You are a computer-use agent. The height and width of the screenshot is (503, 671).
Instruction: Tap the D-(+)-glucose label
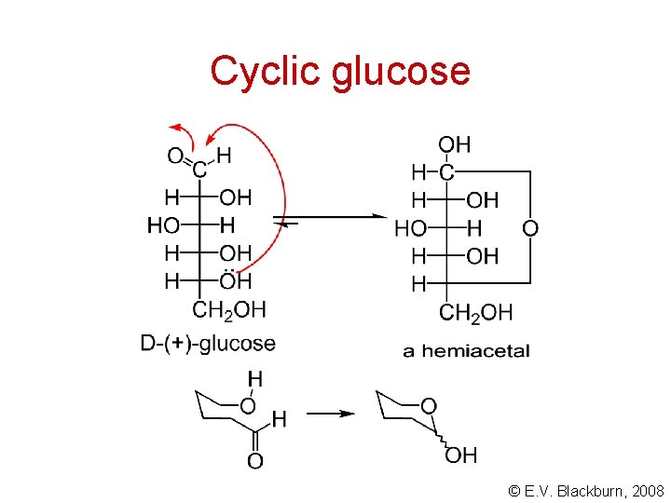point(208,343)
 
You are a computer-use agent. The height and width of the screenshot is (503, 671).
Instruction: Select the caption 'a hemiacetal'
point(466,351)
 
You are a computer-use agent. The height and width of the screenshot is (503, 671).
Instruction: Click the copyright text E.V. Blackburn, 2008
point(586,489)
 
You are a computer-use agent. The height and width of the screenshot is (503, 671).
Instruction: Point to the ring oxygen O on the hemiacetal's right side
point(529,228)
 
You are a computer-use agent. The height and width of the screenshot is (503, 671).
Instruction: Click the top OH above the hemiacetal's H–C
point(454,144)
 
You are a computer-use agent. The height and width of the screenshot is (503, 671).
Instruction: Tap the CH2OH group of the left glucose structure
point(228,309)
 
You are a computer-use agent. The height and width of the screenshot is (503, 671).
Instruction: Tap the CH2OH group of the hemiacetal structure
point(474,313)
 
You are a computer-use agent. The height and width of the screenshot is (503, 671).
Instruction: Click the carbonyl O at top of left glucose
point(175,156)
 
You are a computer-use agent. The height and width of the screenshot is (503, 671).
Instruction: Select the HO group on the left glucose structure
point(163,224)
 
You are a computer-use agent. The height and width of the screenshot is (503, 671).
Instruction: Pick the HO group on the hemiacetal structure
point(411,228)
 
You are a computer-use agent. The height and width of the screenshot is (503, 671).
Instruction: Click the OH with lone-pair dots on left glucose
point(236,280)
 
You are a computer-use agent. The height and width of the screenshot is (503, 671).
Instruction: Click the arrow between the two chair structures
point(331,414)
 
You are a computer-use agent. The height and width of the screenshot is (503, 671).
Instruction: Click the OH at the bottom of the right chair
point(461,455)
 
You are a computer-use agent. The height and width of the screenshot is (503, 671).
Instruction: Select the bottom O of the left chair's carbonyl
point(254,461)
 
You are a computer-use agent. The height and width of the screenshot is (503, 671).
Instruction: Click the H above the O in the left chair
point(254,378)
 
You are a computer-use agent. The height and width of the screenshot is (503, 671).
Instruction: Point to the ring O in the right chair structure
point(428,404)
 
